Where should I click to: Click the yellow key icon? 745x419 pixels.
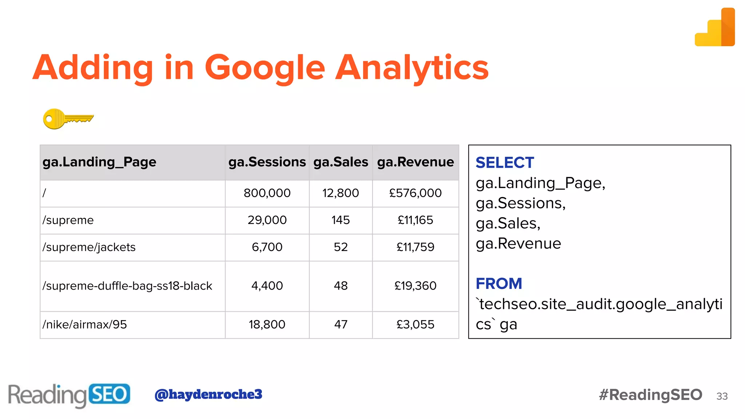68,119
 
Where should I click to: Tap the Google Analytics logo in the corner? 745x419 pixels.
715,28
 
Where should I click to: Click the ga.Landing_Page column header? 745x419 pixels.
99,162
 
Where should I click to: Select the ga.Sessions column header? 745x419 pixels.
267,162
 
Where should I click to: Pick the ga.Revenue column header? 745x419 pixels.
415,162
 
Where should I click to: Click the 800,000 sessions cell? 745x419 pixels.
267,193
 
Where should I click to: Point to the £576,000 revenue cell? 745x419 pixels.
415,193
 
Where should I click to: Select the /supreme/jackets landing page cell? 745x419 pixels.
89,247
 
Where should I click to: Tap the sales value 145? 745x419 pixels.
340,220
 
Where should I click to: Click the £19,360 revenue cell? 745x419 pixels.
415,286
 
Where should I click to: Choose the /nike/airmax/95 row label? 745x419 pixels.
85,324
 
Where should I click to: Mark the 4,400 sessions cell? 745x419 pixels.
267,286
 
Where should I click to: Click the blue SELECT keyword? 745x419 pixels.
505,163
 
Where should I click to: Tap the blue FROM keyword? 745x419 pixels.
499,284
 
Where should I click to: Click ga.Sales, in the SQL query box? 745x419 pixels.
508,223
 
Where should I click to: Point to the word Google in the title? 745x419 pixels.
265,68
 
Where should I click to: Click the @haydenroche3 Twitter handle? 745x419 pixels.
208,394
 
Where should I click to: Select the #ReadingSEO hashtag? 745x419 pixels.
650,395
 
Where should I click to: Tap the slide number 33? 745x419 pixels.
722,396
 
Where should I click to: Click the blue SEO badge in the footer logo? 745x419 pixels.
109,394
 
